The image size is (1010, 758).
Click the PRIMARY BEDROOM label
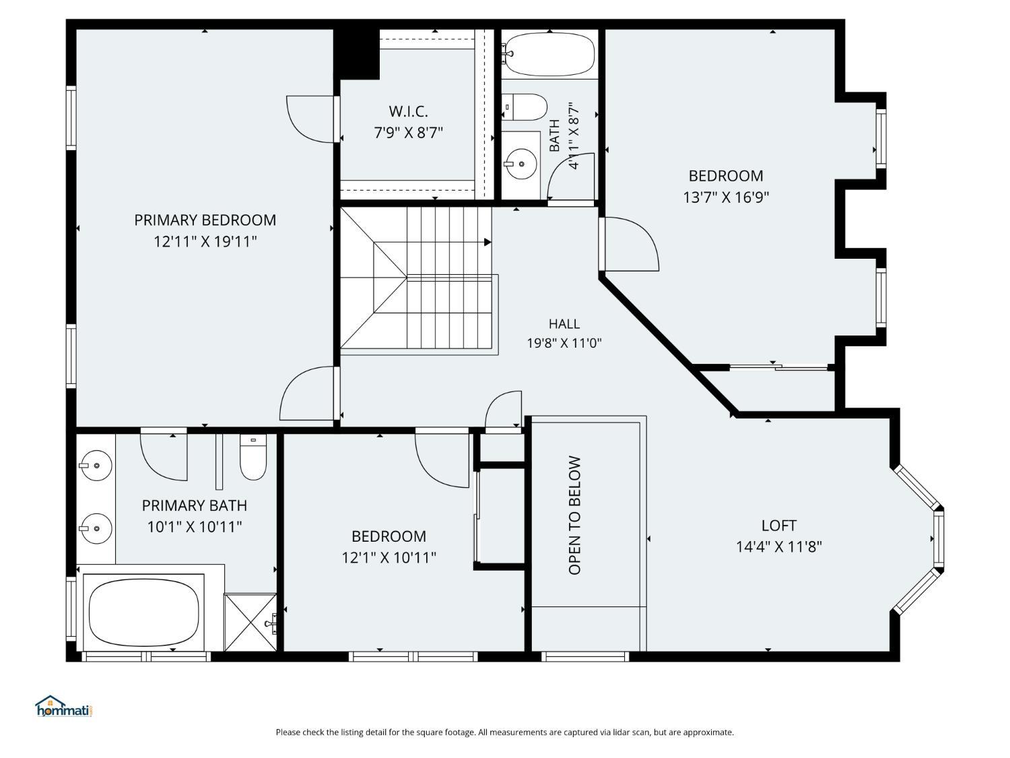coord(205,220)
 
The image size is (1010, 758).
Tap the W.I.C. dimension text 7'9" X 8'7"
coord(408,133)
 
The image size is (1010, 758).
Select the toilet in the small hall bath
coord(524,107)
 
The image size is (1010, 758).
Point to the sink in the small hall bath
coord(520,164)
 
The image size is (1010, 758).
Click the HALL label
coord(564,324)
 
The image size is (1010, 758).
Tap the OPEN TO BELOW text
coord(575,515)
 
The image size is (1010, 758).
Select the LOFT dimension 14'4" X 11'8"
coord(778,546)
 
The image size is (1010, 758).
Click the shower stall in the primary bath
coord(250,622)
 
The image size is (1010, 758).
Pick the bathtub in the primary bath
coord(143,612)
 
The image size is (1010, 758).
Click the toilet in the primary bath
coord(253,457)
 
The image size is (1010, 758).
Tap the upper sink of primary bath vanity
coord(95,466)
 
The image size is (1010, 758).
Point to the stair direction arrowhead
coord(487,243)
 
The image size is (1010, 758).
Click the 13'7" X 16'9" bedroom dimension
coord(726,197)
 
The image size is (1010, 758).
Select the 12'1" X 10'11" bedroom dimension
coord(389,558)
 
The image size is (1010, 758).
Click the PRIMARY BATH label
coord(194,505)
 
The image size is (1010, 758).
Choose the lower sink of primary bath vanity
coord(95,529)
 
